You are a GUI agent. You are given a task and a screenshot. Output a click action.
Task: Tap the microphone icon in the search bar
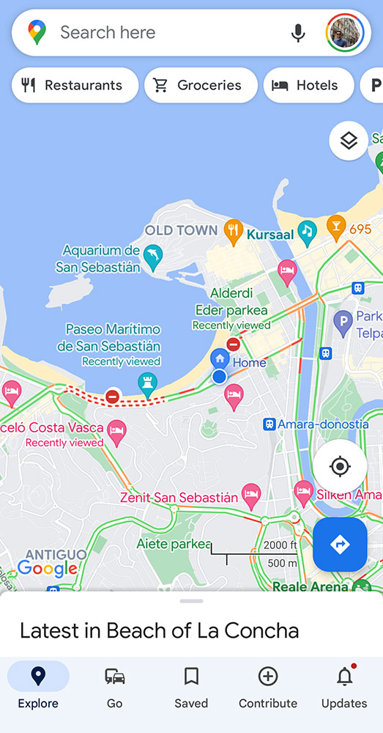pos(297,33)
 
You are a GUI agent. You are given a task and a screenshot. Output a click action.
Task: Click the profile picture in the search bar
pos(345,33)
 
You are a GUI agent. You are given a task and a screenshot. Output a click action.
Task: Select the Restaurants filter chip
pos(75,85)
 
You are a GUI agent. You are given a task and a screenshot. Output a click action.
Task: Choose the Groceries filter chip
pos(201,85)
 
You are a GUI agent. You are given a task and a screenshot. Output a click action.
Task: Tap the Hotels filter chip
pos(307,85)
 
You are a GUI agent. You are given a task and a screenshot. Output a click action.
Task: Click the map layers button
pos(349,140)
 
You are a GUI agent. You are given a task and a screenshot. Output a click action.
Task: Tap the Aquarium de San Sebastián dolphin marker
pos(153,257)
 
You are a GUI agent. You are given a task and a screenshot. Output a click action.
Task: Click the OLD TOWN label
pos(181,230)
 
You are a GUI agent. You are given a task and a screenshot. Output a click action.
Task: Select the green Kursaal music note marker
pos(307,231)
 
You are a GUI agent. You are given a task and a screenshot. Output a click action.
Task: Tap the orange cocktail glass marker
pos(336,226)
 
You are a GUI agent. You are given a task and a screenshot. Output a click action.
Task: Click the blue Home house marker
pos(219,359)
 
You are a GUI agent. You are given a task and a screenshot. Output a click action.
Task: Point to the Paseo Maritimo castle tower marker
pos(149,383)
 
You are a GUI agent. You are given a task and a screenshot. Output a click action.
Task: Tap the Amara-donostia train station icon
pos(269,424)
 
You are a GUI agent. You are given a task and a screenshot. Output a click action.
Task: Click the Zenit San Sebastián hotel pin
pos(251,493)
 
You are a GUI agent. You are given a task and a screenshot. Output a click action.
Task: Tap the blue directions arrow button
pos(340,545)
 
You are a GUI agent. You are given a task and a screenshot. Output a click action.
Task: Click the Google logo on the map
pos(47,568)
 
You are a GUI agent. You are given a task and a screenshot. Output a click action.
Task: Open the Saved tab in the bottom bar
pos(191,686)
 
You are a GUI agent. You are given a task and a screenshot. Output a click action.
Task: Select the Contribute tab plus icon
pos(268,677)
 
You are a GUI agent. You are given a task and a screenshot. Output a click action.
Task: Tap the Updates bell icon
pos(344,677)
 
